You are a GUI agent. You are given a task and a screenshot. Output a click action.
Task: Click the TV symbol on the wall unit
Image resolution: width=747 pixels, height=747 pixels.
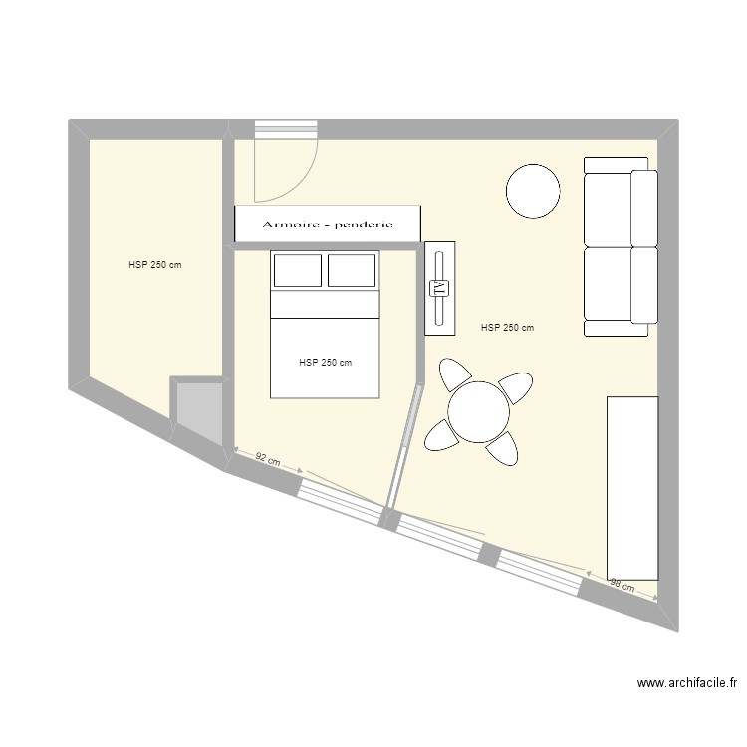click(439, 288)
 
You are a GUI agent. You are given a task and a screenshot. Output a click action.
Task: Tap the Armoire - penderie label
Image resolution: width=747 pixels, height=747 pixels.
click(328, 224)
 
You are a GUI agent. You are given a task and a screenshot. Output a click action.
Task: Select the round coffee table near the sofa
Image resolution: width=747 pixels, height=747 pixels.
click(533, 191)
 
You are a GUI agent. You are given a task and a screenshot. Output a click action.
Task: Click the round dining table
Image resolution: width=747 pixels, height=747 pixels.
click(479, 411)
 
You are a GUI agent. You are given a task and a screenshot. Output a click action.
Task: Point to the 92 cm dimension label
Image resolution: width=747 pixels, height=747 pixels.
click(267, 459)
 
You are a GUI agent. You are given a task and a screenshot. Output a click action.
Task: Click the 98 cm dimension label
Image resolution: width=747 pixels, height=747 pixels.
click(622, 585)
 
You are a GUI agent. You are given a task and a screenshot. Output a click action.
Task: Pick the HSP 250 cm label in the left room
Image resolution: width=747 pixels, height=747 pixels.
click(154, 265)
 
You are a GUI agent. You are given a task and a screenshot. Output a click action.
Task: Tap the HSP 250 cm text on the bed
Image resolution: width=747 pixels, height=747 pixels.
click(325, 363)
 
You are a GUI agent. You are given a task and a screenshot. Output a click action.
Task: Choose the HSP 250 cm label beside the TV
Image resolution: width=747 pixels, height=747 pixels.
click(507, 328)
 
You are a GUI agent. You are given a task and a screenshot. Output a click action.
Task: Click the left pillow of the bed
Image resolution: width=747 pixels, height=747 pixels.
click(297, 270)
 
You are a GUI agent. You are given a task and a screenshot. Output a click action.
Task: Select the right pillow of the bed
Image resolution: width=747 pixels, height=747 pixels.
click(352, 270)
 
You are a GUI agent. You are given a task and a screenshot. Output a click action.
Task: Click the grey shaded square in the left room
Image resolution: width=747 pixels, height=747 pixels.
click(199, 411)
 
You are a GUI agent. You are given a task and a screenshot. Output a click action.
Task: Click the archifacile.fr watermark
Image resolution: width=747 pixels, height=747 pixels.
click(687, 683)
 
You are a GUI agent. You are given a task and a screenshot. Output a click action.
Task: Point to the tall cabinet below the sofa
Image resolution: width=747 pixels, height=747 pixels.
click(632, 487)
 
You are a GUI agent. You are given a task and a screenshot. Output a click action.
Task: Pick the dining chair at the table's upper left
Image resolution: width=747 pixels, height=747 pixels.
click(455, 374)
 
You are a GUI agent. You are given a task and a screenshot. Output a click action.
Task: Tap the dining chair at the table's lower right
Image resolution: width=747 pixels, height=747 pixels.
click(502, 448)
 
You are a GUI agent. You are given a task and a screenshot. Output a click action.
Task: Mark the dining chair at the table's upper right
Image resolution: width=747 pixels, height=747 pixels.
click(516, 386)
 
